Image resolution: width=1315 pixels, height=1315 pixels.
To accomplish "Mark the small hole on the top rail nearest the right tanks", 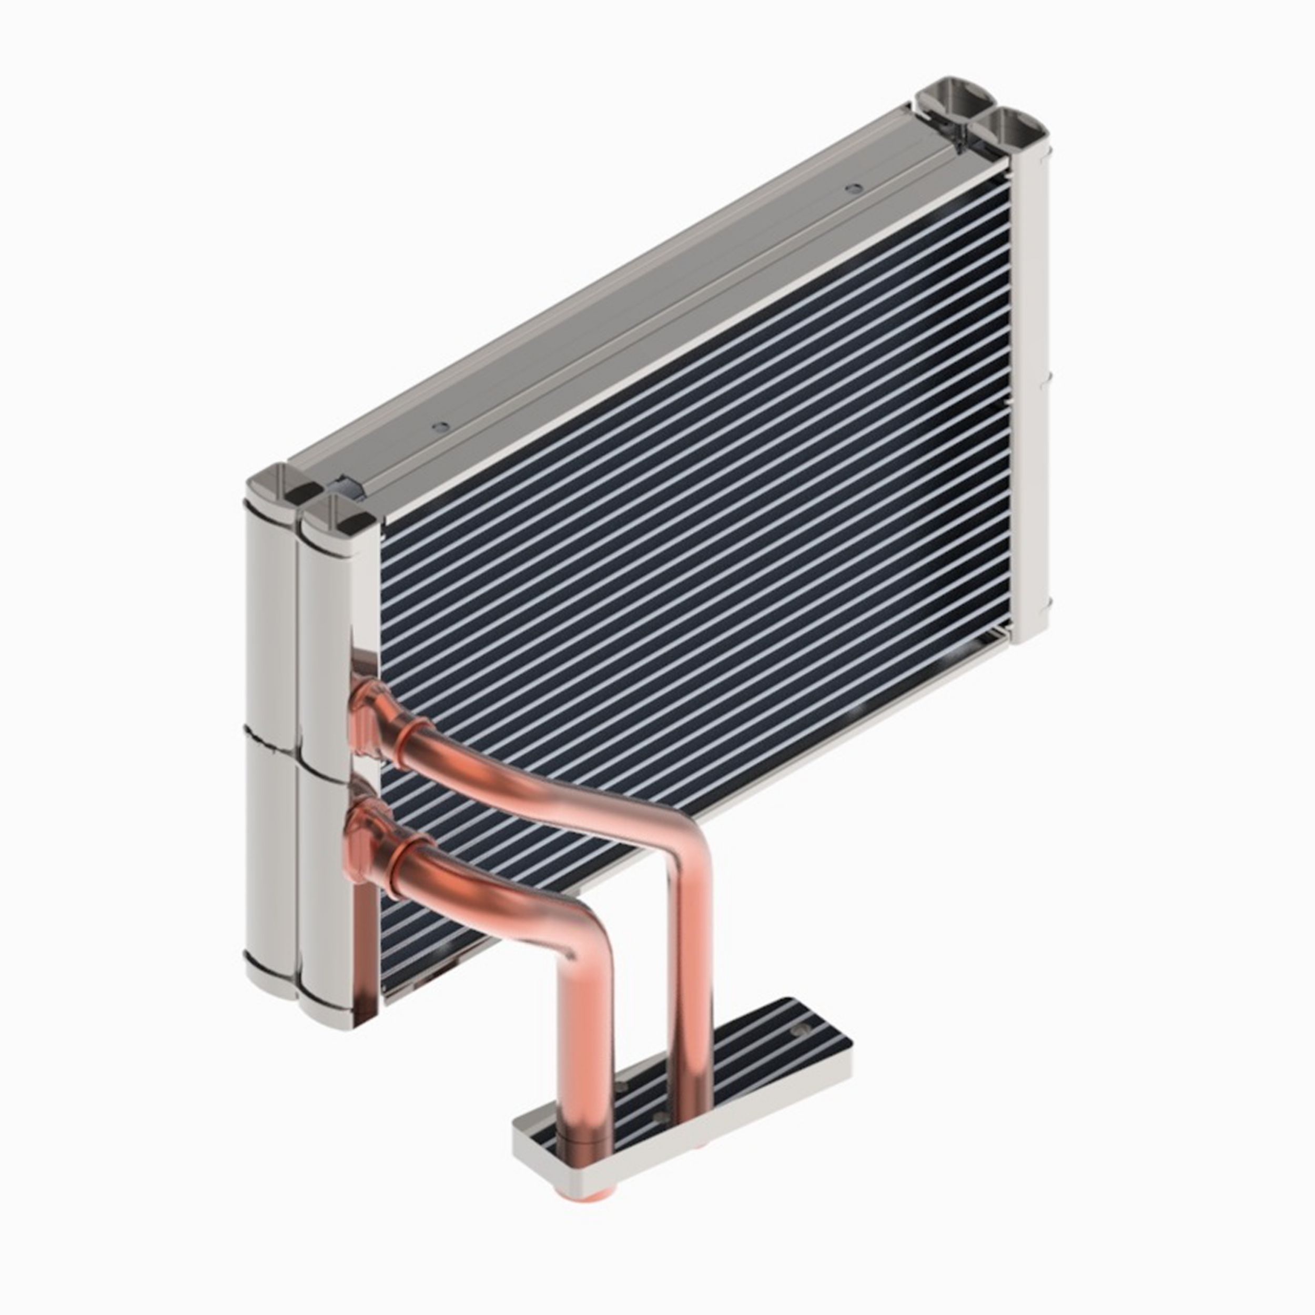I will click(849, 187).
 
